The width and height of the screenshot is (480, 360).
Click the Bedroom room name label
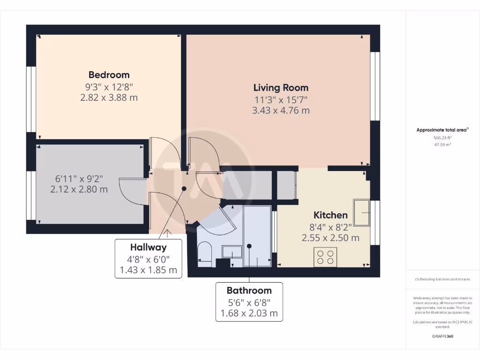pos(109,75)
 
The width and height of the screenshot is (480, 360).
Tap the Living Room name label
pos(281,88)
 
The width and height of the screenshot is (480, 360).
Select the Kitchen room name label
pos(330,215)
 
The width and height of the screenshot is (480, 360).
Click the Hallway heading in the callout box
pos(148,247)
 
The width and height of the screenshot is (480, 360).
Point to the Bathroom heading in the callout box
pos(249,290)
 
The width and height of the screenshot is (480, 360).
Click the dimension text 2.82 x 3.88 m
pos(109,97)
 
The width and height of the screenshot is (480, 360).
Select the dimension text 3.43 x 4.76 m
pos(281,111)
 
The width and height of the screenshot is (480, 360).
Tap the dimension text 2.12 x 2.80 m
pos(79,189)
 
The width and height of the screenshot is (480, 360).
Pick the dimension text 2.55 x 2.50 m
pos(330,238)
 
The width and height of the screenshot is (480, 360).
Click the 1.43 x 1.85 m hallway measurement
pos(148,270)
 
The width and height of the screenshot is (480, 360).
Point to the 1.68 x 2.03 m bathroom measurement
pos(249,313)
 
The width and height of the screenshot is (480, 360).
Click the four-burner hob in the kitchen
pos(325,257)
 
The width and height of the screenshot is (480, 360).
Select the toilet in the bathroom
pos(205,253)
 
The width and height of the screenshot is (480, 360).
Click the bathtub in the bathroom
pos(257,237)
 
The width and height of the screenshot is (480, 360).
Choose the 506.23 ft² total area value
pos(442,138)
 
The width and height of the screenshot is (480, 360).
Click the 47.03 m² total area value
pos(442,145)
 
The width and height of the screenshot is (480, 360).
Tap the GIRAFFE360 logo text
pos(442,336)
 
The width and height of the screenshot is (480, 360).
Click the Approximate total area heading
pos(442,130)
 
